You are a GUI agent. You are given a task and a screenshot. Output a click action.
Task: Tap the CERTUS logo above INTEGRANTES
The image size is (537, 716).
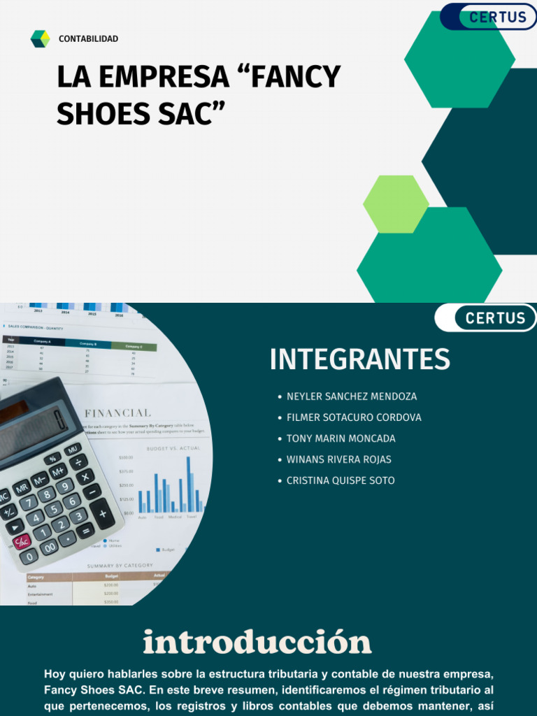[495, 318]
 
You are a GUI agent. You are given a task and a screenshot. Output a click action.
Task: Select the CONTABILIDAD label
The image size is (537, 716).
[88, 39]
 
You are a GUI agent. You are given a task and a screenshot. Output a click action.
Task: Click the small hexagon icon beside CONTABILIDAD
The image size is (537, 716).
[41, 39]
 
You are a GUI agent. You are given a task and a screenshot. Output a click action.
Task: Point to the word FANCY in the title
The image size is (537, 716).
[294, 77]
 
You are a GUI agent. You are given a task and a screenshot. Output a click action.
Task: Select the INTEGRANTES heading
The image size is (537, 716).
[359, 359]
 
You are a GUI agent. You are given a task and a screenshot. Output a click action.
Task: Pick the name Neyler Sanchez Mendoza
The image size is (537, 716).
[351, 396]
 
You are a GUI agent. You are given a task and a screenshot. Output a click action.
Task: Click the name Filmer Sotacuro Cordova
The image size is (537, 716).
[354, 417]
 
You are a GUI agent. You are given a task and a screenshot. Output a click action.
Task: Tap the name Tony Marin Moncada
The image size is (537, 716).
[341, 438]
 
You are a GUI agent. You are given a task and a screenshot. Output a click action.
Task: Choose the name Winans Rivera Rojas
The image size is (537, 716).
[338, 459]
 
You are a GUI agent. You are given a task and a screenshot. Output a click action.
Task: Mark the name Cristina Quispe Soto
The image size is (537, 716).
[341, 480]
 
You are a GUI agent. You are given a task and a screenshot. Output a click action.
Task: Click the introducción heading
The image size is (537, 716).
[257, 642]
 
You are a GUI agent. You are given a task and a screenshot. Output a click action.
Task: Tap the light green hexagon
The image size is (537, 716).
[396, 203]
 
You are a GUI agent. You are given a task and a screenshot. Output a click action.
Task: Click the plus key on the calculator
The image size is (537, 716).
[102, 514]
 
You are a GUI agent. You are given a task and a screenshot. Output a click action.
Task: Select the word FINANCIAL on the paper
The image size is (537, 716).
[117, 413]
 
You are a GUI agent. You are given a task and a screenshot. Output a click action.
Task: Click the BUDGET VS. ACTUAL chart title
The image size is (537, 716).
[173, 447]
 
